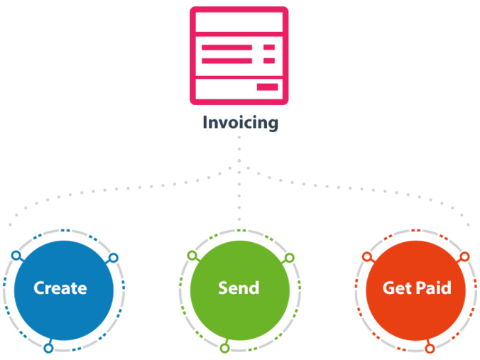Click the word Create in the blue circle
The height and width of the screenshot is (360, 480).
[60, 288]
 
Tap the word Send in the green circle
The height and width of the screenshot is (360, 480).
[239, 288]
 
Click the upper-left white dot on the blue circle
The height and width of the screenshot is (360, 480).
[16, 255]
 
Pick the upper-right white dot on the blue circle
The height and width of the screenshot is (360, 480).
[112, 257]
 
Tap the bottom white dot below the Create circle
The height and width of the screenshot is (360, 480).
[48, 348]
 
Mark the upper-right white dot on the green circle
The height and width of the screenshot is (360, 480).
[289, 257]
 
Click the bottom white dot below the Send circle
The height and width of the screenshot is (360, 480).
[224, 348]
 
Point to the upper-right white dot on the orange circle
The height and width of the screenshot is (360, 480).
[465, 257]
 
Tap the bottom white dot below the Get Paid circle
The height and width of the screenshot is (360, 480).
[430, 348]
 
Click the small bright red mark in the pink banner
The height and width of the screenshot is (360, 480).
[268, 68]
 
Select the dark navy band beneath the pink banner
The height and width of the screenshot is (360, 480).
[240, 128]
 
